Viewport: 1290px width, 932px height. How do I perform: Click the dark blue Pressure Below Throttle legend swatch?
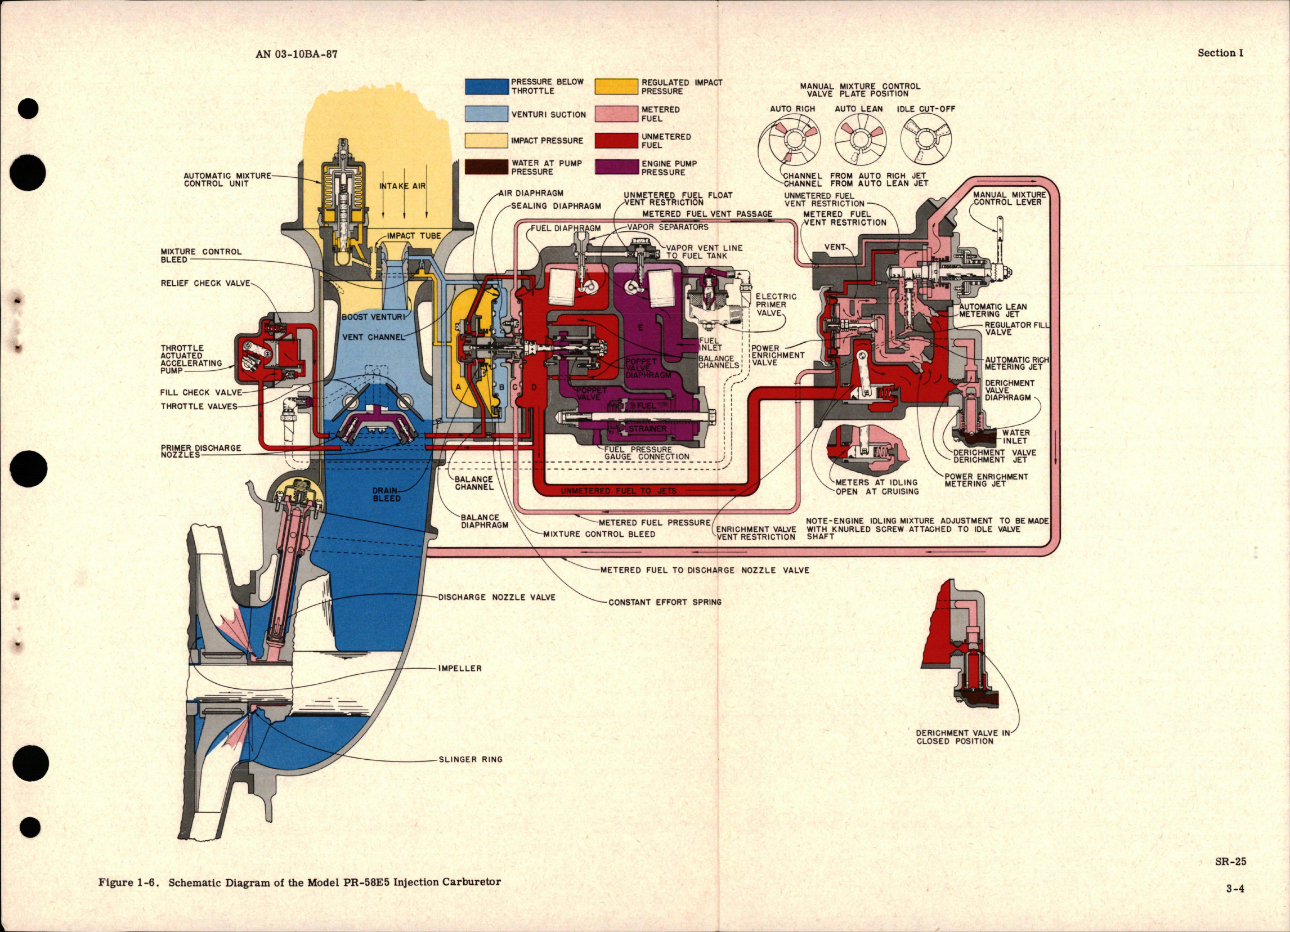(486, 86)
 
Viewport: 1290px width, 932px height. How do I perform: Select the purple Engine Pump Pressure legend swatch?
(616, 167)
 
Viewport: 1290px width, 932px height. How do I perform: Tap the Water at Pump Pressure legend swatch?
(486, 167)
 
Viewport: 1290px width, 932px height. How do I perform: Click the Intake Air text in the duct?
(402, 186)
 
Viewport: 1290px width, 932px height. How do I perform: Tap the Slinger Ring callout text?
(471, 759)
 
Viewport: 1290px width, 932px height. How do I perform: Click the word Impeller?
(460, 668)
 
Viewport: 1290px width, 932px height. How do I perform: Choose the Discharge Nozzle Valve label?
(496, 598)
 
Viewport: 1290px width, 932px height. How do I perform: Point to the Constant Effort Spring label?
(664, 602)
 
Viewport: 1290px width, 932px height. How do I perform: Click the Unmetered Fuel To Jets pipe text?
(619, 491)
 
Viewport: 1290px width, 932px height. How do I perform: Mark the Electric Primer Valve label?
(776, 304)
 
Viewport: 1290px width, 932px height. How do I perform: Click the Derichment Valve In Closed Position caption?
(962, 737)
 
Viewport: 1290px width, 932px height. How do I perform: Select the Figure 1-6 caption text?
(299, 882)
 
